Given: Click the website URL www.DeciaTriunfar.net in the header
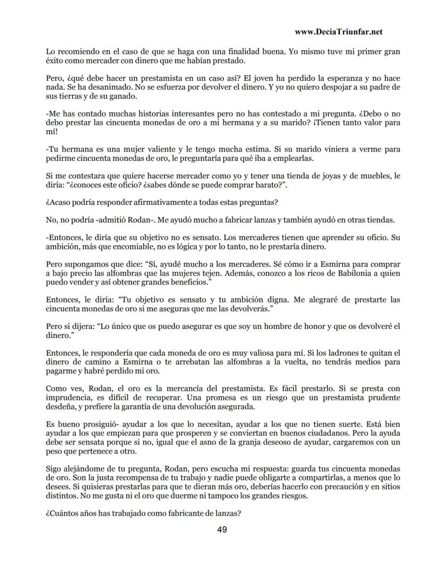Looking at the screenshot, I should point(338,32).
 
